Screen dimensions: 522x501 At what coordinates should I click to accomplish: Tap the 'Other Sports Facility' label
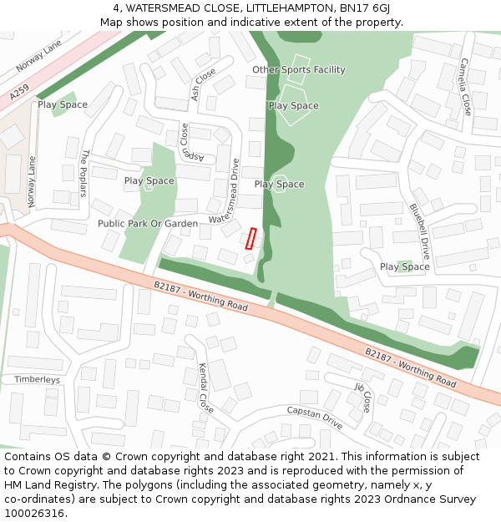tap(298, 70)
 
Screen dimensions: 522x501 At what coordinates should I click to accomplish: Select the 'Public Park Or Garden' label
tap(148, 224)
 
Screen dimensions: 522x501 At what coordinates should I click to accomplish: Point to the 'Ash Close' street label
tap(203, 84)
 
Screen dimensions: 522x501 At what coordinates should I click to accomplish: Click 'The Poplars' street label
tap(84, 173)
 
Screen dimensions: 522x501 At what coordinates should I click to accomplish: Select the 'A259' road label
tap(19, 93)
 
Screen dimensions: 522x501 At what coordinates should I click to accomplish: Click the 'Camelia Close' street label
tap(465, 87)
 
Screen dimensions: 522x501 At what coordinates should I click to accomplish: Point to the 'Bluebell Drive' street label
tap(419, 231)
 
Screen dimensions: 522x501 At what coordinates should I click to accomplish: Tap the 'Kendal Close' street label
tap(205, 388)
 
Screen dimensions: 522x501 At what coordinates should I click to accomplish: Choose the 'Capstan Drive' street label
tap(315, 418)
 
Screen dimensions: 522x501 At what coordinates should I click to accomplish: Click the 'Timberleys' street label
tap(37, 379)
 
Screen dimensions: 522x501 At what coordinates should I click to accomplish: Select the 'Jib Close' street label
tap(362, 398)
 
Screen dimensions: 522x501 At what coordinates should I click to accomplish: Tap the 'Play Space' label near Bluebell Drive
tap(405, 267)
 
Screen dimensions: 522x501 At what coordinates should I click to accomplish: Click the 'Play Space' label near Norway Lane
tap(63, 105)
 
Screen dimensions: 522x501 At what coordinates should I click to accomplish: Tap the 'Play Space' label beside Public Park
tap(149, 181)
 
